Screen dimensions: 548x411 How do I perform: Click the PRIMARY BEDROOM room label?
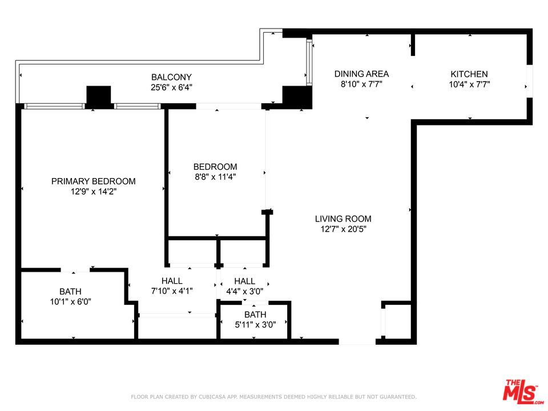coord(93,181)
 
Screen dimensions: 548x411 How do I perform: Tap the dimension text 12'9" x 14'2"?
coord(93,191)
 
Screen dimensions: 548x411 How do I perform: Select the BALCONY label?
coord(171,77)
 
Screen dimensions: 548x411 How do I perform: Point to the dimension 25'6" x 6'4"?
coord(171,87)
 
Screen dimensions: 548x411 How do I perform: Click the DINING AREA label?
coord(361,74)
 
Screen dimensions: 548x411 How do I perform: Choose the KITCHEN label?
coord(469,74)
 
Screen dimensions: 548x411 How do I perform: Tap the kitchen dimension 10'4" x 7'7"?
coord(469,84)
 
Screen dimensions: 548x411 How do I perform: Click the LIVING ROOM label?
coord(343,219)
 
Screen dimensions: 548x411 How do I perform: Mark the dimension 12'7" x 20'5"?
coord(343,229)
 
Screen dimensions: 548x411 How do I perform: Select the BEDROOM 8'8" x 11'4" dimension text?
coord(215,176)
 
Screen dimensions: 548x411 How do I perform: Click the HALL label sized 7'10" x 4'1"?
coord(172,281)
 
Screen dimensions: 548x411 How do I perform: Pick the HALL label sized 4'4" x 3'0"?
coord(245,281)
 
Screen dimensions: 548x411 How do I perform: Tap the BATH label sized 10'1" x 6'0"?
coord(70,292)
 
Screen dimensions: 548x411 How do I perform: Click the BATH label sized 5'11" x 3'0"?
coord(255,315)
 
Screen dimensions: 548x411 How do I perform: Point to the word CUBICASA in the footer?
coord(213,397)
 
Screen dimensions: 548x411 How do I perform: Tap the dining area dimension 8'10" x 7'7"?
coord(361,84)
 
